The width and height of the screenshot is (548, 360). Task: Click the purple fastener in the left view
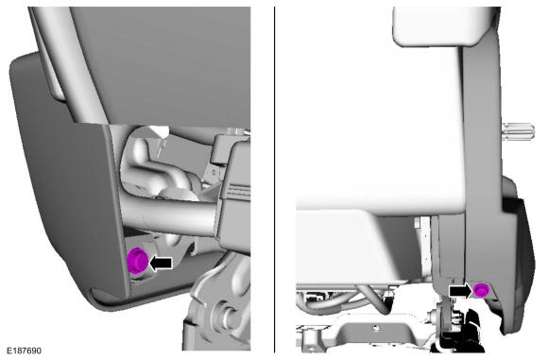tap(137, 260)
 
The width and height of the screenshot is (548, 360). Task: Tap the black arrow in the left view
tap(161, 263)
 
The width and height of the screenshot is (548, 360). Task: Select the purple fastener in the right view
tap(481, 290)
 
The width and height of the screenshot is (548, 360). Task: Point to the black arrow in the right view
tap(461, 291)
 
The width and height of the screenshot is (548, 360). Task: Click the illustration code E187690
tap(24, 351)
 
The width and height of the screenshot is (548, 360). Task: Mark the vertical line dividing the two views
tap(274, 180)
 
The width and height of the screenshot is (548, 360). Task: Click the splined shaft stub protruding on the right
tap(518, 131)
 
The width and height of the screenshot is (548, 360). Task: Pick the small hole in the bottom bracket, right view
tap(375, 328)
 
